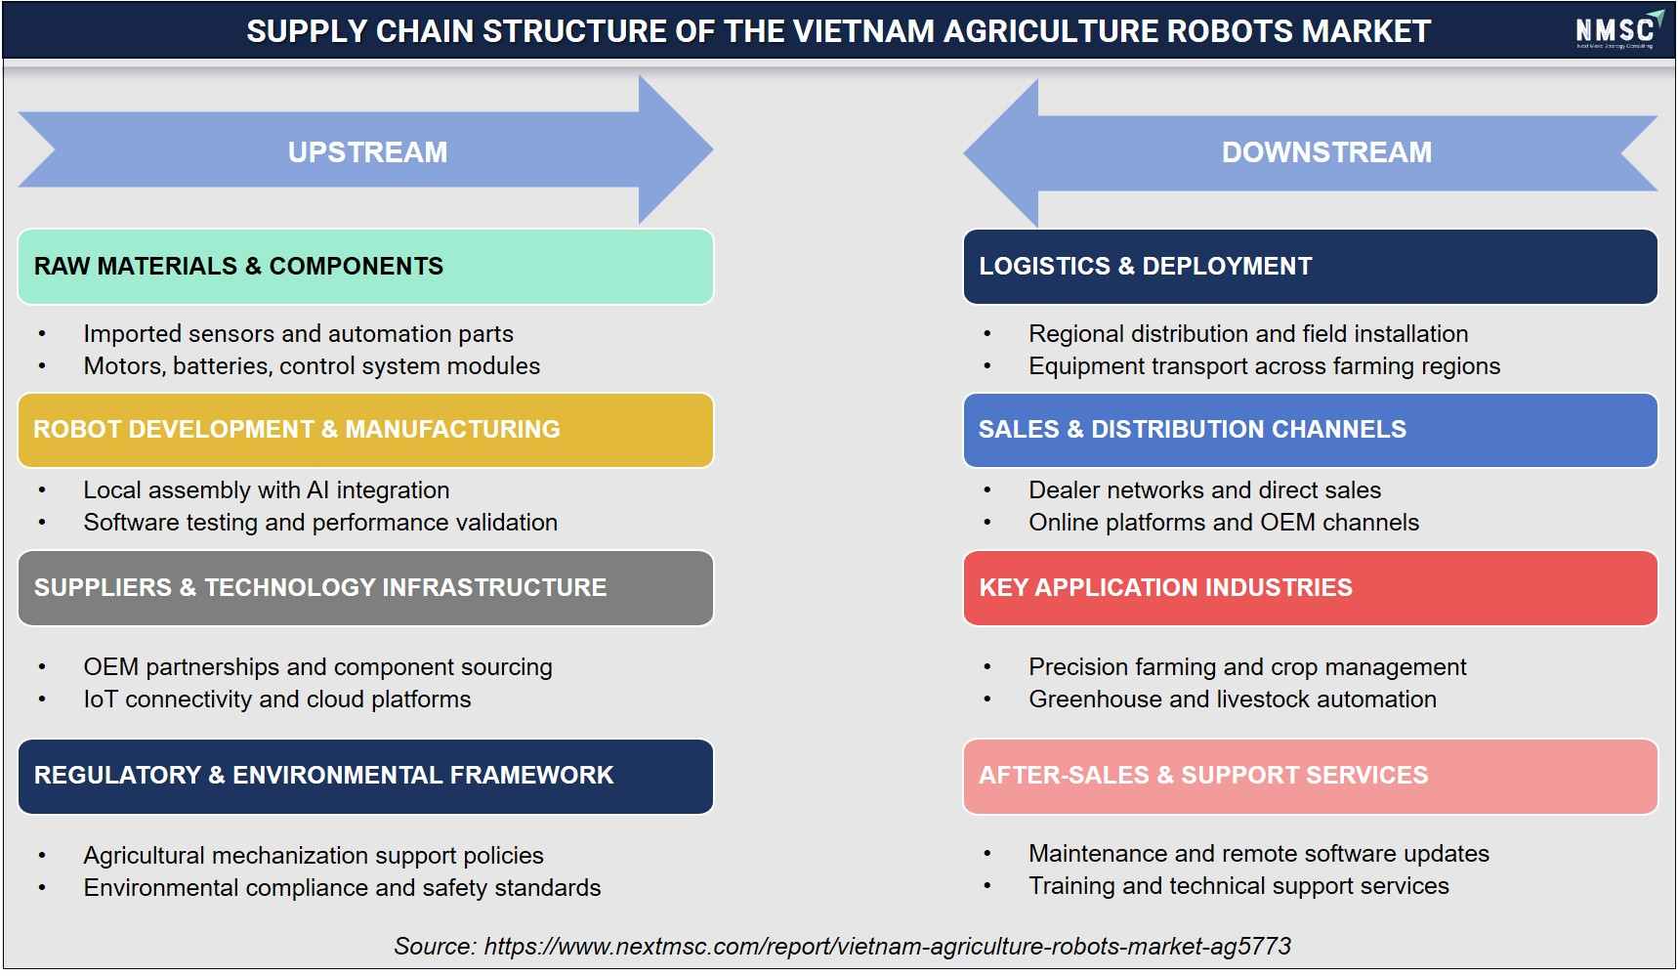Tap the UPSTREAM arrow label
tap(367, 152)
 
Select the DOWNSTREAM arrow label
tap(1326, 152)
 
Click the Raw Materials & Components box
tap(365, 267)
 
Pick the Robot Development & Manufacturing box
tap(365, 430)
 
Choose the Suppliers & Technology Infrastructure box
tap(365, 588)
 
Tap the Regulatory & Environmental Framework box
tap(365, 777)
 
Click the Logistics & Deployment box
tap(1311, 267)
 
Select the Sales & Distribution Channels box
tap(1311, 430)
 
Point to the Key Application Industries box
tap(1311, 588)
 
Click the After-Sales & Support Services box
tap(1311, 777)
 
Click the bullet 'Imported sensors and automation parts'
tap(298, 334)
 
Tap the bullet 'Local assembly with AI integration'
tap(267, 490)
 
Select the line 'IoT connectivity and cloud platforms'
tap(277, 700)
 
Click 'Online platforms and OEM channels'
tap(1224, 523)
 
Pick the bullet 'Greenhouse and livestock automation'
tap(1233, 700)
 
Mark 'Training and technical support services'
tap(1238, 886)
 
